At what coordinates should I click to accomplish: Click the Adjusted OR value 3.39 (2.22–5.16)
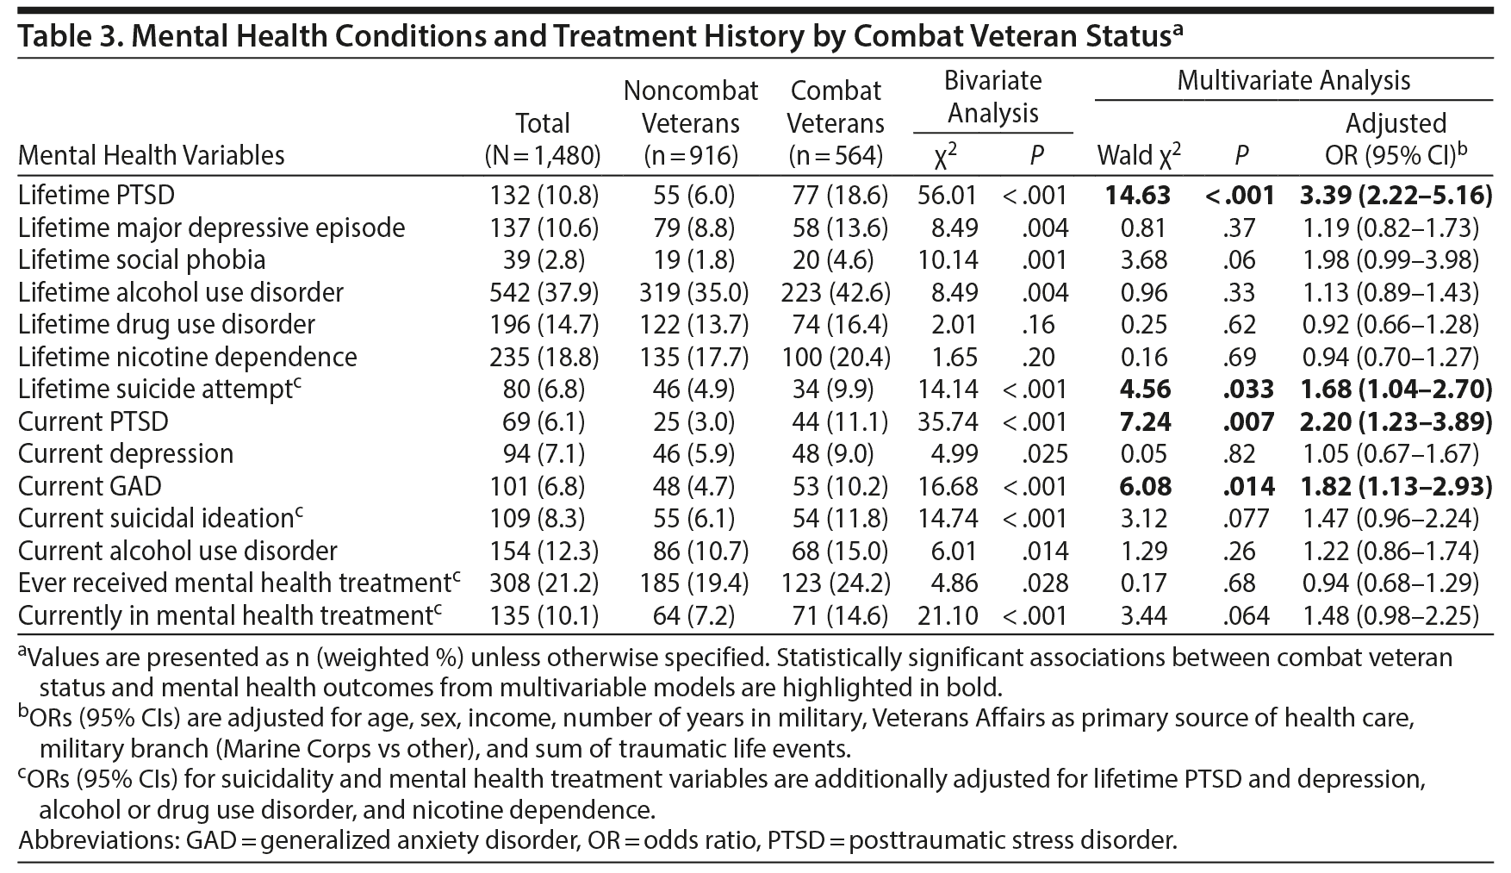click(x=1396, y=196)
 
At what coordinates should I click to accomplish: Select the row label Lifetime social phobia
click(x=141, y=260)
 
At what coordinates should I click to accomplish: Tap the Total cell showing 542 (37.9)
click(x=543, y=292)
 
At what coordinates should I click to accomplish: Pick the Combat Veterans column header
click(x=836, y=122)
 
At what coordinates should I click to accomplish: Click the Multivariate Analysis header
click(x=1293, y=81)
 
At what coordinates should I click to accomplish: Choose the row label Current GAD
click(x=90, y=486)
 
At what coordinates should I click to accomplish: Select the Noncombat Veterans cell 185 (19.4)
click(x=691, y=583)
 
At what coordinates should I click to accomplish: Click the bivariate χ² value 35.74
click(x=948, y=421)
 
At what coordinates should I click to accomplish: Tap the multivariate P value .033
click(x=1248, y=390)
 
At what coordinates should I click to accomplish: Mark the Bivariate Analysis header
click(x=992, y=97)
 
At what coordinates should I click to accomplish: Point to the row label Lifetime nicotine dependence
click(x=187, y=357)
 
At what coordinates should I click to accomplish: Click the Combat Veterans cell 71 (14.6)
click(x=836, y=616)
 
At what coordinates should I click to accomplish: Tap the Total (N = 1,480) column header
click(x=543, y=139)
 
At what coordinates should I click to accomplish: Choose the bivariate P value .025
click(x=1046, y=454)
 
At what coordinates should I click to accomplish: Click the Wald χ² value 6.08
click(x=1144, y=486)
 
